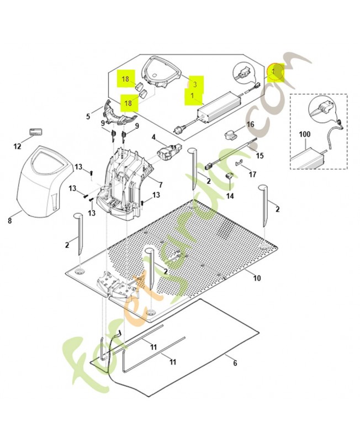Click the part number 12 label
coord(17,146)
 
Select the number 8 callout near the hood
coord(10,220)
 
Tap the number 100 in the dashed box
coord(304,134)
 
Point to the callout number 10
coord(257,278)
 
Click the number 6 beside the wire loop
coord(235,363)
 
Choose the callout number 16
coord(250,124)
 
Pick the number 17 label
coord(252,175)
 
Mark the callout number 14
coord(230,196)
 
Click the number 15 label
coord(260,155)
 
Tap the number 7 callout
coord(161,185)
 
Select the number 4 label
coord(153,137)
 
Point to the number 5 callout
coord(88,116)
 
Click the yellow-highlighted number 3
coord(195,84)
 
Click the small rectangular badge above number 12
coord(36,132)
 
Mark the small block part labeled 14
coord(229,176)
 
